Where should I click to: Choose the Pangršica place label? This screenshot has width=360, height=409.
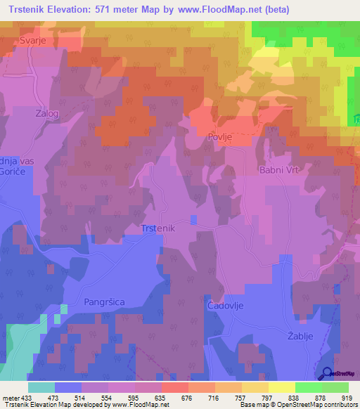point(104,301)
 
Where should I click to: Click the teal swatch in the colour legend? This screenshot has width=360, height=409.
point(41,387)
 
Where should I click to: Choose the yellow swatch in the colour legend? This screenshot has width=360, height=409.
point(282,387)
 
